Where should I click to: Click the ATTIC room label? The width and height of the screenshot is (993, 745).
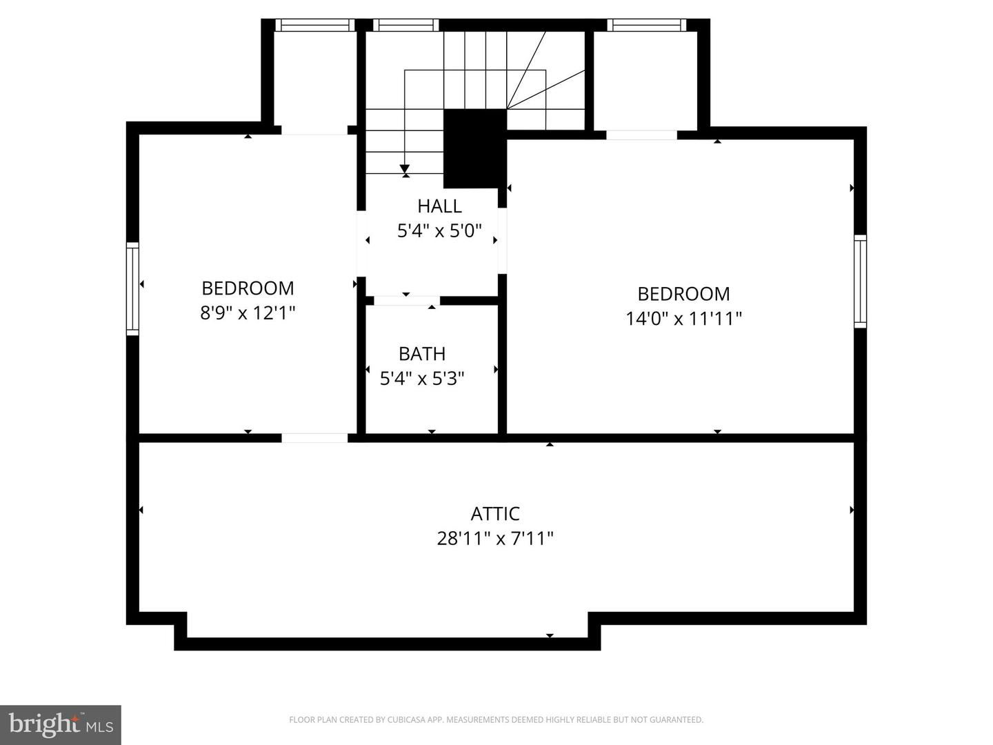(x=495, y=513)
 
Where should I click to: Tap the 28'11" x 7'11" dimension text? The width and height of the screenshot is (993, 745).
(x=495, y=538)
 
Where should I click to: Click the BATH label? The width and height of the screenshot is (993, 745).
(x=422, y=354)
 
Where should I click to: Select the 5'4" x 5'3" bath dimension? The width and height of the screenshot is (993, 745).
(x=422, y=379)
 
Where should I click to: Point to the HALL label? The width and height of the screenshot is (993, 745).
(x=439, y=206)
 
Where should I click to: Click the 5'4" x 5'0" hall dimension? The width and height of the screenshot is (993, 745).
(x=439, y=231)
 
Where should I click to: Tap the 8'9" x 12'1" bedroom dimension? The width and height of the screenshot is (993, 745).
(x=248, y=313)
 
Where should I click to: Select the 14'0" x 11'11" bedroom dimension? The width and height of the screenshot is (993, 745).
(x=683, y=319)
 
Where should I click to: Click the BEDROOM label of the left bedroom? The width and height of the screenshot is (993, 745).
(x=248, y=288)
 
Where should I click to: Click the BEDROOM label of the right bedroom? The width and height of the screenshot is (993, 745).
(x=683, y=294)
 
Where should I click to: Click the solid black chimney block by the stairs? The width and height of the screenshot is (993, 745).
(x=474, y=148)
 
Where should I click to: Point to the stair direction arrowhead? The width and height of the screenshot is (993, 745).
(x=405, y=169)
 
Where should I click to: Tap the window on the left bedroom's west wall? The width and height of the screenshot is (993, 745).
(x=132, y=289)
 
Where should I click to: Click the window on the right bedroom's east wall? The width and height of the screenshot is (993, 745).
(x=860, y=281)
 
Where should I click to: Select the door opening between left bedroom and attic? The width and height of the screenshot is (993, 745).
(x=314, y=438)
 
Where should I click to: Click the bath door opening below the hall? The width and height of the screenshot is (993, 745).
(x=407, y=301)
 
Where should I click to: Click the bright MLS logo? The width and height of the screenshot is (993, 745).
(x=61, y=724)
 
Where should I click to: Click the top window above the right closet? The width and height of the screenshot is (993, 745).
(x=646, y=26)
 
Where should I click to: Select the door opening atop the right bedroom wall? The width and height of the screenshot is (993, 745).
(x=641, y=135)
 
